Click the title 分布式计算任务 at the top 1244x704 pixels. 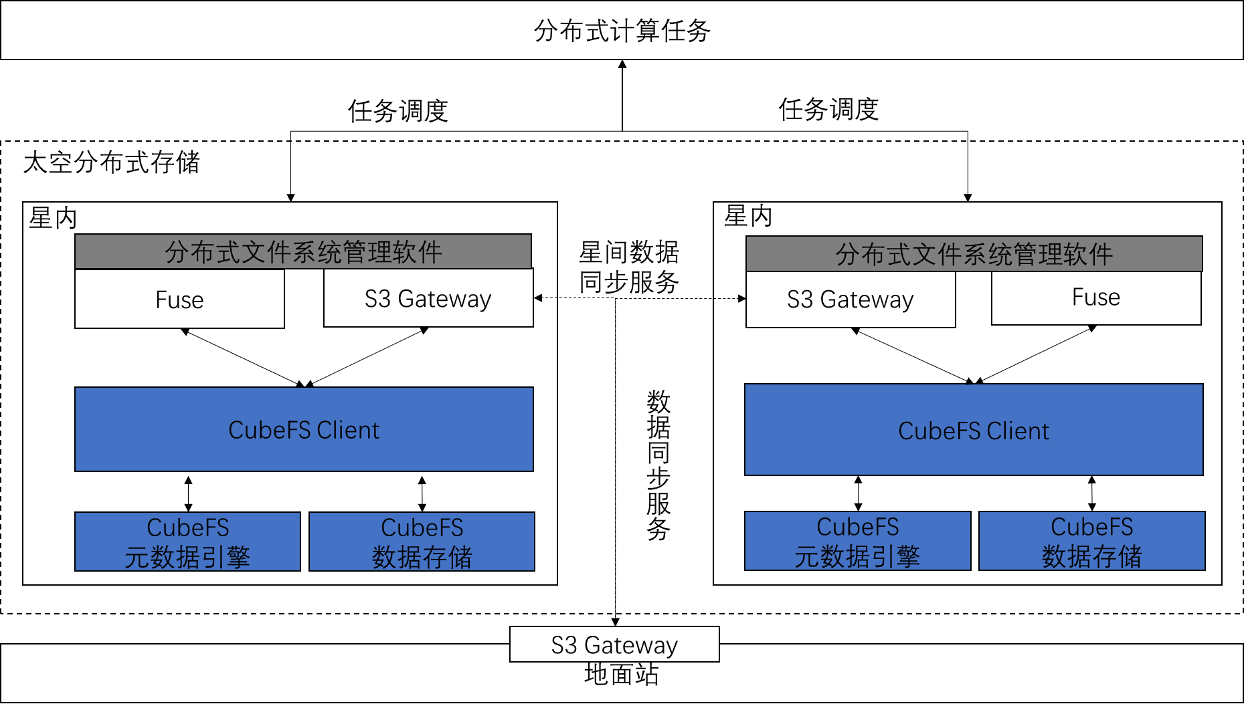point(622,31)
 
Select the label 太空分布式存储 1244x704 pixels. point(111,162)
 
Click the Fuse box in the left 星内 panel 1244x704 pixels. point(179,300)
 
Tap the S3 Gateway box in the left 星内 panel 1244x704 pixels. point(428,299)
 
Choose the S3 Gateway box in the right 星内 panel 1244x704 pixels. point(850,300)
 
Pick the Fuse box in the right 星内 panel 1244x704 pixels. point(1095,298)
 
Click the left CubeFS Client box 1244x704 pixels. point(304,429)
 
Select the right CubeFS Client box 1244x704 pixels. point(974,430)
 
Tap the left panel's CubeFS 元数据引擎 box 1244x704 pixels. point(187,542)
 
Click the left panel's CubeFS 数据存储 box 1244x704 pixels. point(422,542)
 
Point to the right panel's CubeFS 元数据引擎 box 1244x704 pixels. point(857,541)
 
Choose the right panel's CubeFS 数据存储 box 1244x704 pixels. point(1091,541)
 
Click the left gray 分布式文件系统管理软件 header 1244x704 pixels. point(303,252)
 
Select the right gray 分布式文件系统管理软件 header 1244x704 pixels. point(974,254)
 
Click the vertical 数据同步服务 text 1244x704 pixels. point(658,465)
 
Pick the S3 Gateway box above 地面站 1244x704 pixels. point(614,644)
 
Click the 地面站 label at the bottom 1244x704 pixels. point(621,674)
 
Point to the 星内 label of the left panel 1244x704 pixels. point(53,218)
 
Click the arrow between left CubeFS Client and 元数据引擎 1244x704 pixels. point(189,493)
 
